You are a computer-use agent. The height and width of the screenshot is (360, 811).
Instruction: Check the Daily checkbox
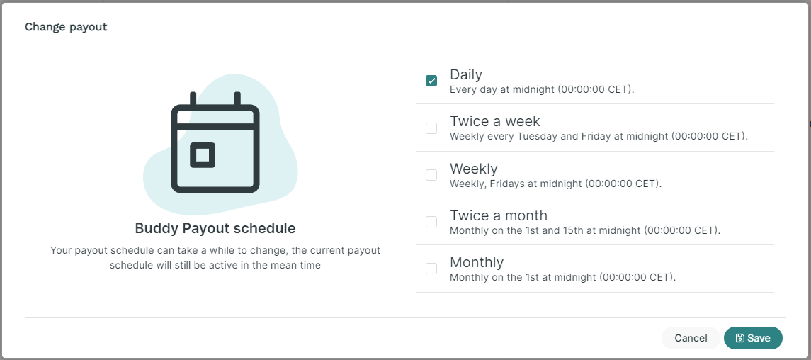[431, 81]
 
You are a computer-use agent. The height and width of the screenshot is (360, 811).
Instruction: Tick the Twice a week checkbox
[431, 128]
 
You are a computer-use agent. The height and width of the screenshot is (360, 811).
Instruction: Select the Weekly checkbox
[431, 175]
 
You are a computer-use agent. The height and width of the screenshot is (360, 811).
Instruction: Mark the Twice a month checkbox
[431, 221]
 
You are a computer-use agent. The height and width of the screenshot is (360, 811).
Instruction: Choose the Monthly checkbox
[431, 269]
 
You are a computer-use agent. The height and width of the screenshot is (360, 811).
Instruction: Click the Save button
[753, 338]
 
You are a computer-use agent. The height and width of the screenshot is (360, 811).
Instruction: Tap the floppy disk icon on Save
[740, 338]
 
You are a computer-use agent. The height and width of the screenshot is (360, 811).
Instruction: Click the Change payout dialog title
[66, 27]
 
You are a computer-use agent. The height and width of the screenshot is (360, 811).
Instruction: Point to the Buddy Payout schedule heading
[215, 228]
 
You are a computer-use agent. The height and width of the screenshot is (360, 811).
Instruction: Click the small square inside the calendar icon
[203, 155]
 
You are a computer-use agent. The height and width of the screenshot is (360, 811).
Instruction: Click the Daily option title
[466, 74]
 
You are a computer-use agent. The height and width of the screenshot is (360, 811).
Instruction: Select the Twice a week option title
[495, 121]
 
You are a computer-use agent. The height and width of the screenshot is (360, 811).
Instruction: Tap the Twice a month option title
[499, 215]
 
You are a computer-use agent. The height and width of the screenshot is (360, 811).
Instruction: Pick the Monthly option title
[477, 262]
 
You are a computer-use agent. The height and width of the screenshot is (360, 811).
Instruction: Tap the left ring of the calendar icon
[193, 99]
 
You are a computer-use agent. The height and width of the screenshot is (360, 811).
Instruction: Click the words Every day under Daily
[469, 89]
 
